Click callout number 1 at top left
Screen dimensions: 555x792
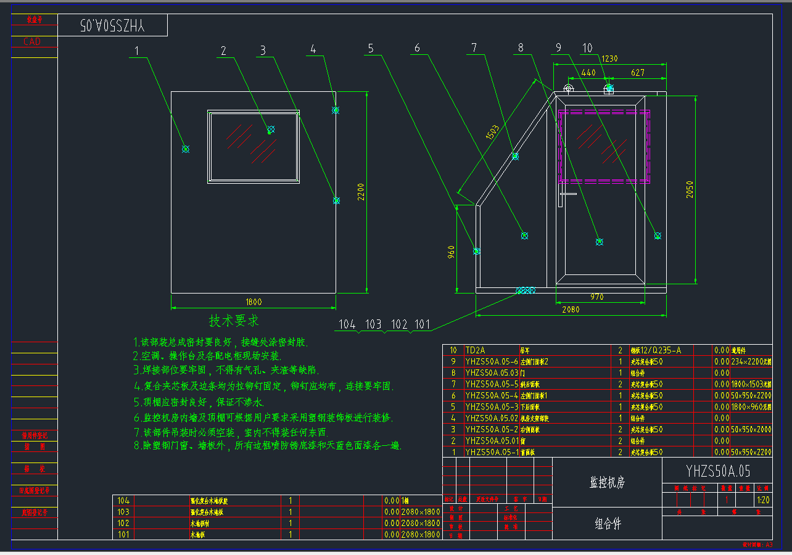pos(137,51)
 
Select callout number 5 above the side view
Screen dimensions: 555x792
pos(370,48)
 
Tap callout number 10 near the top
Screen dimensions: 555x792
pos(587,48)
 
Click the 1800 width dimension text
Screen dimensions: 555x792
pos(254,302)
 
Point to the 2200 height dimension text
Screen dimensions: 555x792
pos(361,192)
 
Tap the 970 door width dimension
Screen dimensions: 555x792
pos(596,297)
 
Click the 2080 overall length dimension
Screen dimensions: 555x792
pos(571,310)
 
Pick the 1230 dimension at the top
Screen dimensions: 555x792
pos(609,59)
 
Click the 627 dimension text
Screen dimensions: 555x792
pos(638,73)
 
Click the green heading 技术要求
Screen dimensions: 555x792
pos(234,321)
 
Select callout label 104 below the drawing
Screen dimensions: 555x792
pos(347,324)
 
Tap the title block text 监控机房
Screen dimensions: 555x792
pos(607,482)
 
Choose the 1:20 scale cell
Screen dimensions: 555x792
pos(763,500)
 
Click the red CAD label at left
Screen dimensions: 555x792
pos(32,42)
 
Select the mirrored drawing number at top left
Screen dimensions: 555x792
pos(112,25)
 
